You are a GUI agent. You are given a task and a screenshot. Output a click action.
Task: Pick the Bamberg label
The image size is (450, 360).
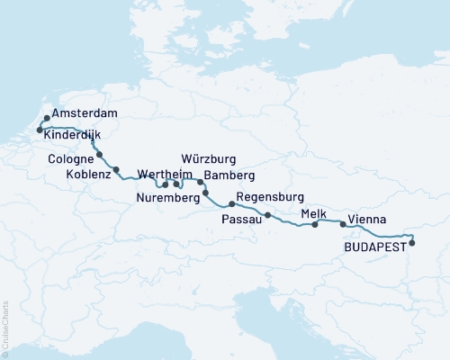(x=230, y=175)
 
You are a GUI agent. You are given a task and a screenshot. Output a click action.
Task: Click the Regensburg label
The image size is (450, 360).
(x=270, y=197)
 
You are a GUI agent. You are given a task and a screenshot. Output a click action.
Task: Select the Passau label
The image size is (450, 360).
(x=243, y=218)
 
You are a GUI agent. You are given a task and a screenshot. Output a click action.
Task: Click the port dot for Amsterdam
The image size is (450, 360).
(x=47, y=118)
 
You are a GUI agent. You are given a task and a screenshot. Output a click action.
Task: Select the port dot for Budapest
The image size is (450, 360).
(x=412, y=241)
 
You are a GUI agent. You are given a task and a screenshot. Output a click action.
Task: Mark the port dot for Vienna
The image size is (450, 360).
(x=343, y=224)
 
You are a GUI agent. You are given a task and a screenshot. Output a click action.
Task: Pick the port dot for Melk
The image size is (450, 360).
(x=314, y=225)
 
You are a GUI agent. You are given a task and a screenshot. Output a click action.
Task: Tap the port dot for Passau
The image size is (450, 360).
(x=268, y=214)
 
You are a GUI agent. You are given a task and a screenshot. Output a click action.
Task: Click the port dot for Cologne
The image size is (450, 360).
(x=99, y=154)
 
